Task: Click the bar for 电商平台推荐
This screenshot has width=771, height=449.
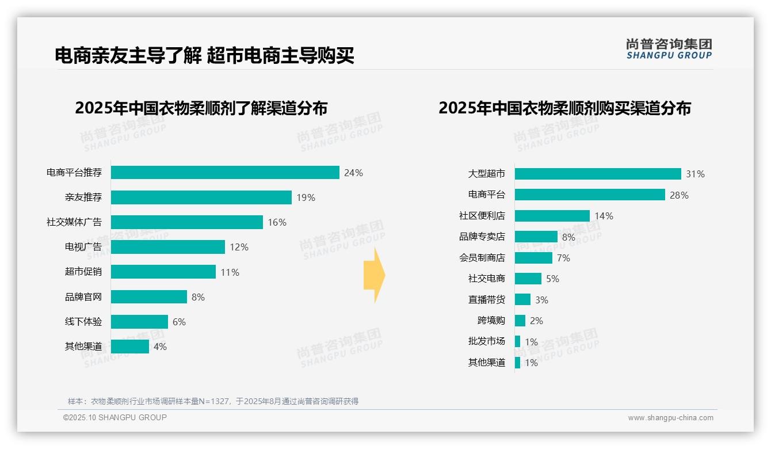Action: (x=225, y=173)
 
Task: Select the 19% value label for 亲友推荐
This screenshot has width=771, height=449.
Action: (x=306, y=197)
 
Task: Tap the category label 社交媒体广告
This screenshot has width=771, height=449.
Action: (x=74, y=222)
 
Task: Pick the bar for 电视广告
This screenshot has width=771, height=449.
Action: (x=167, y=247)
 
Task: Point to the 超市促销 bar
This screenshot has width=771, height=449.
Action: (x=163, y=272)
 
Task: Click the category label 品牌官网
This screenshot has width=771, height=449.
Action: (x=83, y=297)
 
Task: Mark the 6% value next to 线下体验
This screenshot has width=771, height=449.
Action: (x=179, y=322)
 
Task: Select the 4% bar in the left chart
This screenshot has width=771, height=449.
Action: (x=129, y=347)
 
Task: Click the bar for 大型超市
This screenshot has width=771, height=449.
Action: (x=598, y=174)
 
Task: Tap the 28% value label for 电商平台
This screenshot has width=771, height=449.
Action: (x=679, y=195)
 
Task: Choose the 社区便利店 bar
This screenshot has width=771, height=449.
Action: (x=552, y=216)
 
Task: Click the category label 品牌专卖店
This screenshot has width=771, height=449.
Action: (x=482, y=237)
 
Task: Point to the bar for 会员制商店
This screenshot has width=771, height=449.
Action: (x=533, y=258)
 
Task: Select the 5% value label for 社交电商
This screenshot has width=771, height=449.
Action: (x=552, y=279)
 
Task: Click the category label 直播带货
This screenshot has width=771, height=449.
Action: (x=486, y=299)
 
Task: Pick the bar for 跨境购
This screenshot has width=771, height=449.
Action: (x=520, y=321)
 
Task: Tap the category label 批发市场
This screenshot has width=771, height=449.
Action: (x=486, y=341)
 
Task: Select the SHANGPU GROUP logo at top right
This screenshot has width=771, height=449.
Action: (x=669, y=48)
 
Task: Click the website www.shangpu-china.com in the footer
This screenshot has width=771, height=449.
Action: (x=670, y=418)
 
